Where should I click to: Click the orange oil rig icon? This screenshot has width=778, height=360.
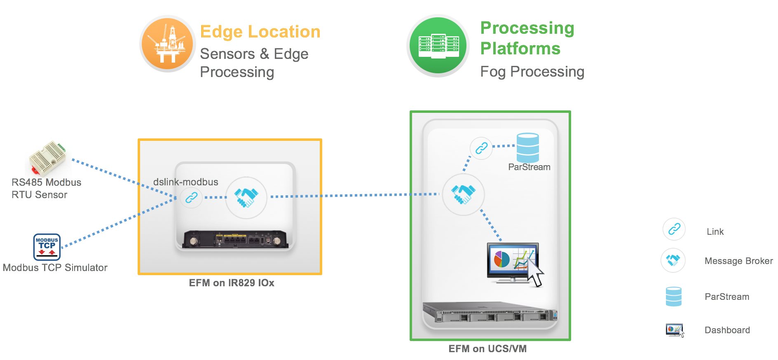click(x=168, y=44)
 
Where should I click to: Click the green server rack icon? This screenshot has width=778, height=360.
click(x=438, y=46)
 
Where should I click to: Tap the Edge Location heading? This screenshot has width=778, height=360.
click(x=260, y=32)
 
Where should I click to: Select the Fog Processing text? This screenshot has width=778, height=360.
click(x=532, y=72)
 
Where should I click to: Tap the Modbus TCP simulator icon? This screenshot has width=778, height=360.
click(x=47, y=247)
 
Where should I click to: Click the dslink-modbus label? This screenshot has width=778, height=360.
click(x=185, y=182)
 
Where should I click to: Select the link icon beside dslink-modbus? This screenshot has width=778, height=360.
click(x=191, y=198)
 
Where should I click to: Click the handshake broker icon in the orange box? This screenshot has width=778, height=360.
click(x=246, y=197)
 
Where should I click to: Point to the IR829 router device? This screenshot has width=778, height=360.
click(x=236, y=238)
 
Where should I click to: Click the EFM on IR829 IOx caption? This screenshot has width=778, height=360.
click(x=231, y=283)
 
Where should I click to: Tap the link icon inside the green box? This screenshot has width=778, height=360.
click(x=481, y=148)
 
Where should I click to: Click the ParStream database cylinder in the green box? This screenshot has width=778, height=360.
click(x=527, y=147)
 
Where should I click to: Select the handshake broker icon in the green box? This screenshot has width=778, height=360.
click(x=463, y=194)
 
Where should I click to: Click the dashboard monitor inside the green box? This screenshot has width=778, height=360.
click(x=513, y=262)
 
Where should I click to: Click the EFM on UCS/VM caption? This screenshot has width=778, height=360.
click(x=487, y=349)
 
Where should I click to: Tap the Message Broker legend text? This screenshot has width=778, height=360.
click(x=738, y=261)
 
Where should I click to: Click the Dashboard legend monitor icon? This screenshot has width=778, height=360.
click(x=675, y=330)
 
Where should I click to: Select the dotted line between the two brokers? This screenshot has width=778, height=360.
click(x=354, y=195)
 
